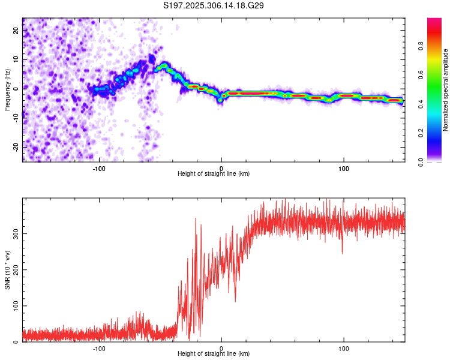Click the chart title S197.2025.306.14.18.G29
214,6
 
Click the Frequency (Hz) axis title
7,90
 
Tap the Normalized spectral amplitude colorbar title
445,90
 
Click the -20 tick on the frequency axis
16,146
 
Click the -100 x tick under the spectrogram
99,169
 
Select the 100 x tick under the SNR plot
344,349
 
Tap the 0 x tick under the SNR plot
221,349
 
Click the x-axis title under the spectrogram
214,174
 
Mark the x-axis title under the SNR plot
214,354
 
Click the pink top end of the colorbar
434,21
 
